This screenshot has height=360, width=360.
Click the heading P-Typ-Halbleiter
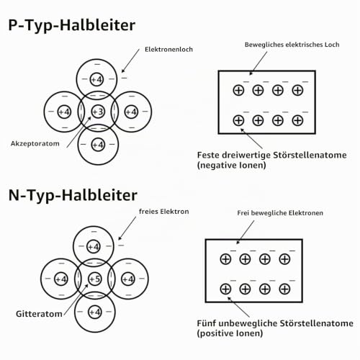[x=72, y=25]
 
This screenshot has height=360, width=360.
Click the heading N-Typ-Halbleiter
[x=73, y=195]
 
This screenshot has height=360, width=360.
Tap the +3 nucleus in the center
[x=98, y=112]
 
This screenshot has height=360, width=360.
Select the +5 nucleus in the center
[x=95, y=279]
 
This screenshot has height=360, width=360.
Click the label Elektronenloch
[x=168, y=49]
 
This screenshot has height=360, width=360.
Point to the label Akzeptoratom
[x=35, y=144]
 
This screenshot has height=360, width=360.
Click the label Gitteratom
[x=39, y=314]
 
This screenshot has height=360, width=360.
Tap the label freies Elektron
[x=164, y=212]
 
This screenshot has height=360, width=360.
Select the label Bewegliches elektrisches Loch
[x=292, y=45]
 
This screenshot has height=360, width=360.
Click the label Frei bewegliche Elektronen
[x=280, y=213]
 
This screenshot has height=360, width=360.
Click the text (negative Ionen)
[x=231, y=166]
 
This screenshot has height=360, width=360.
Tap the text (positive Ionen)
[x=230, y=333]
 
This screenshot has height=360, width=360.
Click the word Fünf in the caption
[x=206, y=323]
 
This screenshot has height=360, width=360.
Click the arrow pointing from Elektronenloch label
[x=130, y=60]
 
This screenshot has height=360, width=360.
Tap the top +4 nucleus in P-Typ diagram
[x=96, y=79]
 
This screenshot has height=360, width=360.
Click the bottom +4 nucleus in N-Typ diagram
[x=95, y=312]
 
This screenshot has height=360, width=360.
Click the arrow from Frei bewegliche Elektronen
[x=246, y=232]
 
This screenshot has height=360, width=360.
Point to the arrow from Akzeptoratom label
[x=78, y=132]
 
